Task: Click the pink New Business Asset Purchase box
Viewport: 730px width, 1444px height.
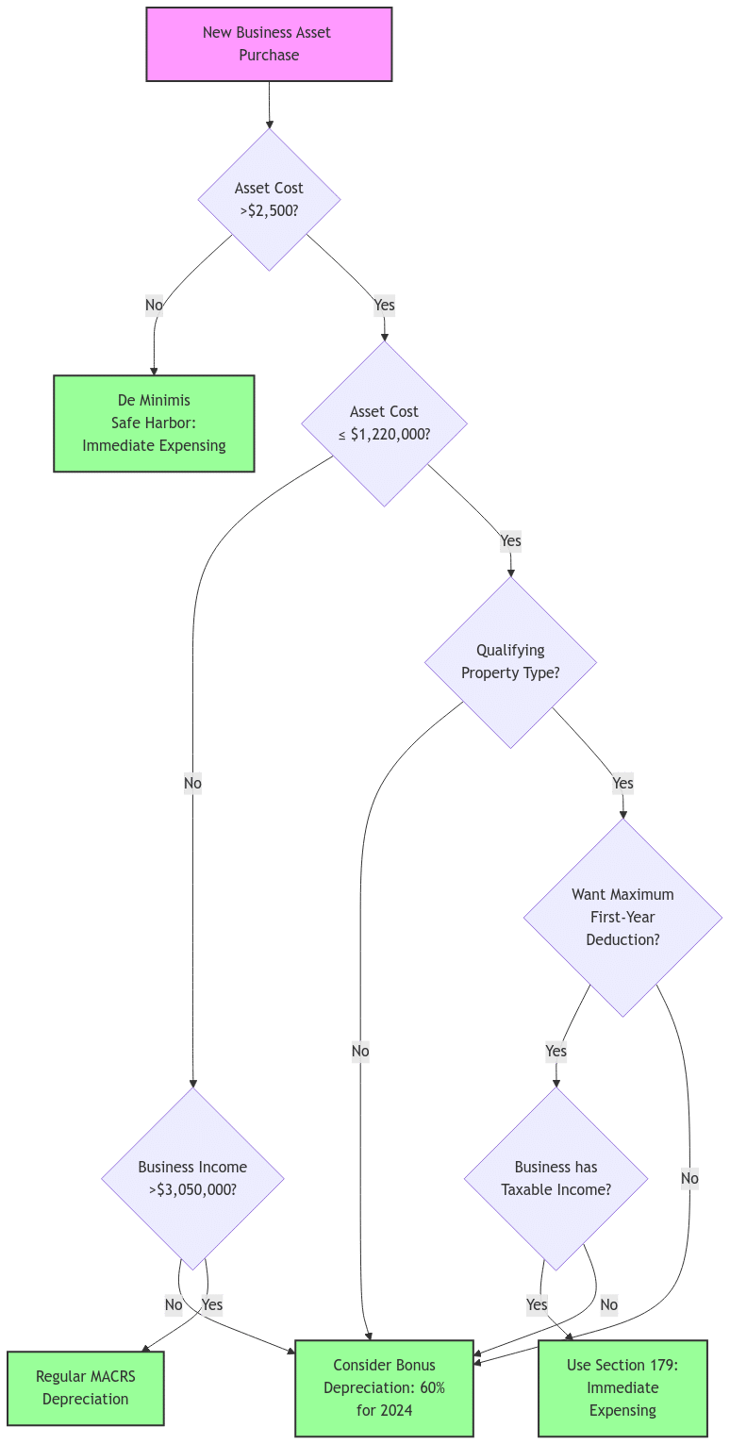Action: point(269,44)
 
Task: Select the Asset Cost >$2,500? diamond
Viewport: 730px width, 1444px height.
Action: point(269,199)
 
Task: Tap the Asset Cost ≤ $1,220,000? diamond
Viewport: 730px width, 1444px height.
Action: point(384,423)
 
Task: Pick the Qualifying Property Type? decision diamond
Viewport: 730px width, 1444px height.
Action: point(510,662)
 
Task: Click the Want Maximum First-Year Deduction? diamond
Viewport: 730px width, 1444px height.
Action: point(622,917)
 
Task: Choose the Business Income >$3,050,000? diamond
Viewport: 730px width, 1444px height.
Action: point(192,1178)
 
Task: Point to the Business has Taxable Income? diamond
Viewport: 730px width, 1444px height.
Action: point(556,1178)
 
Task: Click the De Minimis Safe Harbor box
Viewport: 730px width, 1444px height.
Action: point(154,423)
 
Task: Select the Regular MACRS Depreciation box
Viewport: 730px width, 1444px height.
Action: point(85,1387)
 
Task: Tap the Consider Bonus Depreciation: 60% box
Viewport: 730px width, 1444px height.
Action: point(384,1387)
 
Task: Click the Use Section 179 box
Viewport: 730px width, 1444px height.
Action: point(622,1387)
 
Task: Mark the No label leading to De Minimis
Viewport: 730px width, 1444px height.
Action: point(154,305)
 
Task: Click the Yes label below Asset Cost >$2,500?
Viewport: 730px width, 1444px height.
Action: point(384,305)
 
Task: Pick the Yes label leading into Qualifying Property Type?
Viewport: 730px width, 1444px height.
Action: point(510,541)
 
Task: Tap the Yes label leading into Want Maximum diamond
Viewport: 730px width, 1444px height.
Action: point(622,783)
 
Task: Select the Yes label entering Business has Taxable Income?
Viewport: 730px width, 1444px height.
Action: point(556,1051)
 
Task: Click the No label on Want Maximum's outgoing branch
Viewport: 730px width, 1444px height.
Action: point(689,1178)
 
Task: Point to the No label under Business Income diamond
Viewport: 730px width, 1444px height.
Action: point(174,1305)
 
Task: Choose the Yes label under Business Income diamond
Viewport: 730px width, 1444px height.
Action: point(212,1305)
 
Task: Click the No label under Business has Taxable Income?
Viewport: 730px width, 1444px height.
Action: point(608,1305)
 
